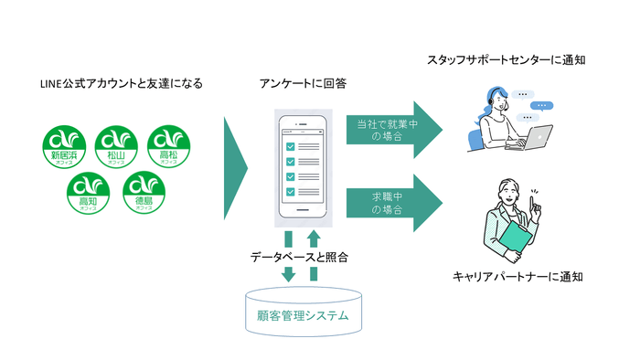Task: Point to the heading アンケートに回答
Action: click(303, 84)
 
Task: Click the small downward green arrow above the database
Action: click(288, 274)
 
